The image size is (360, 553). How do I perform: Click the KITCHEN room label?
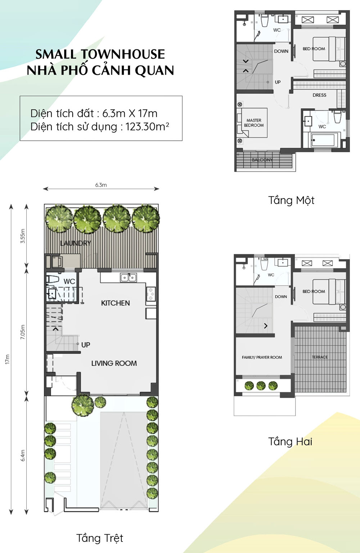click(x=116, y=303)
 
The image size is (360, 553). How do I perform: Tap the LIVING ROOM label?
click(x=114, y=363)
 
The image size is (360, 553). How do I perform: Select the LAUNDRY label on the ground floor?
click(x=76, y=243)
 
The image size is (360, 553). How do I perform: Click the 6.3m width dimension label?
click(x=101, y=185)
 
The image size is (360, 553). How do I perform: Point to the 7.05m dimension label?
click(x=22, y=332)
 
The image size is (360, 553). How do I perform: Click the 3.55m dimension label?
click(x=22, y=236)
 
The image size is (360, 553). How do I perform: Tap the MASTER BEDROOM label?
click(x=254, y=123)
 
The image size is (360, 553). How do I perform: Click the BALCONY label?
click(x=262, y=160)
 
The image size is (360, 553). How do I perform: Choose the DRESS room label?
click(x=319, y=95)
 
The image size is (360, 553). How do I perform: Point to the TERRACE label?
click(x=320, y=357)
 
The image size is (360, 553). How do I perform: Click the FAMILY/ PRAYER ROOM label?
click(x=262, y=357)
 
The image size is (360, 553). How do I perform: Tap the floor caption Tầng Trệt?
click(x=100, y=538)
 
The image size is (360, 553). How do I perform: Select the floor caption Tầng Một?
click(x=291, y=200)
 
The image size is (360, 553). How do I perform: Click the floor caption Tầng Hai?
click(x=290, y=442)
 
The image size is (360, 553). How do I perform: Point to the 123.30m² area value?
click(x=147, y=127)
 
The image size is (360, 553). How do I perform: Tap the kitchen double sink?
click(x=129, y=278)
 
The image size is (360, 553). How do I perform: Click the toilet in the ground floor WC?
click(x=53, y=279)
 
